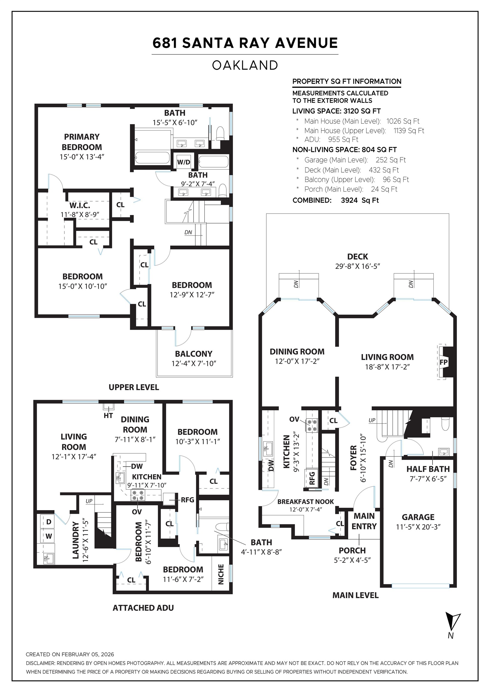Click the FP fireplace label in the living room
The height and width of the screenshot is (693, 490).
click(x=443, y=362)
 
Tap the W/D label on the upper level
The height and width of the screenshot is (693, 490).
click(x=184, y=162)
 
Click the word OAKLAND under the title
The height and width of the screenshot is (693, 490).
click(x=245, y=65)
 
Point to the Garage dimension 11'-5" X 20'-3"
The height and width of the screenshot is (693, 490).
click(x=418, y=527)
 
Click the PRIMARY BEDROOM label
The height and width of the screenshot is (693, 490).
click(x=82, y=142)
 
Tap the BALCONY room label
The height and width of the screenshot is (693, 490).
click(x=194, y=353)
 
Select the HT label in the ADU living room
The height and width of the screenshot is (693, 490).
click(x=108, y=416)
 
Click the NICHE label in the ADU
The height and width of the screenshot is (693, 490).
click(x=221, y=574)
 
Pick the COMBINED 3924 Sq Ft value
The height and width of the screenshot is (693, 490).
click(x=359, y=200)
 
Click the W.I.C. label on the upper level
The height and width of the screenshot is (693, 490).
click(x=80, y=205)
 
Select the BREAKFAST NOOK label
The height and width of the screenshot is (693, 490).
click(x=305, y=502)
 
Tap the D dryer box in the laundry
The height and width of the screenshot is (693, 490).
click(x=49, y=522)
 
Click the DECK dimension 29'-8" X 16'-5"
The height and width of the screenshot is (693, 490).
click(x=357, y=266)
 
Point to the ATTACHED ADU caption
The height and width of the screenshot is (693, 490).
click(x=143, y=608)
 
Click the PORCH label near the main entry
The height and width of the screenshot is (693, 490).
click(x=352, y=550)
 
